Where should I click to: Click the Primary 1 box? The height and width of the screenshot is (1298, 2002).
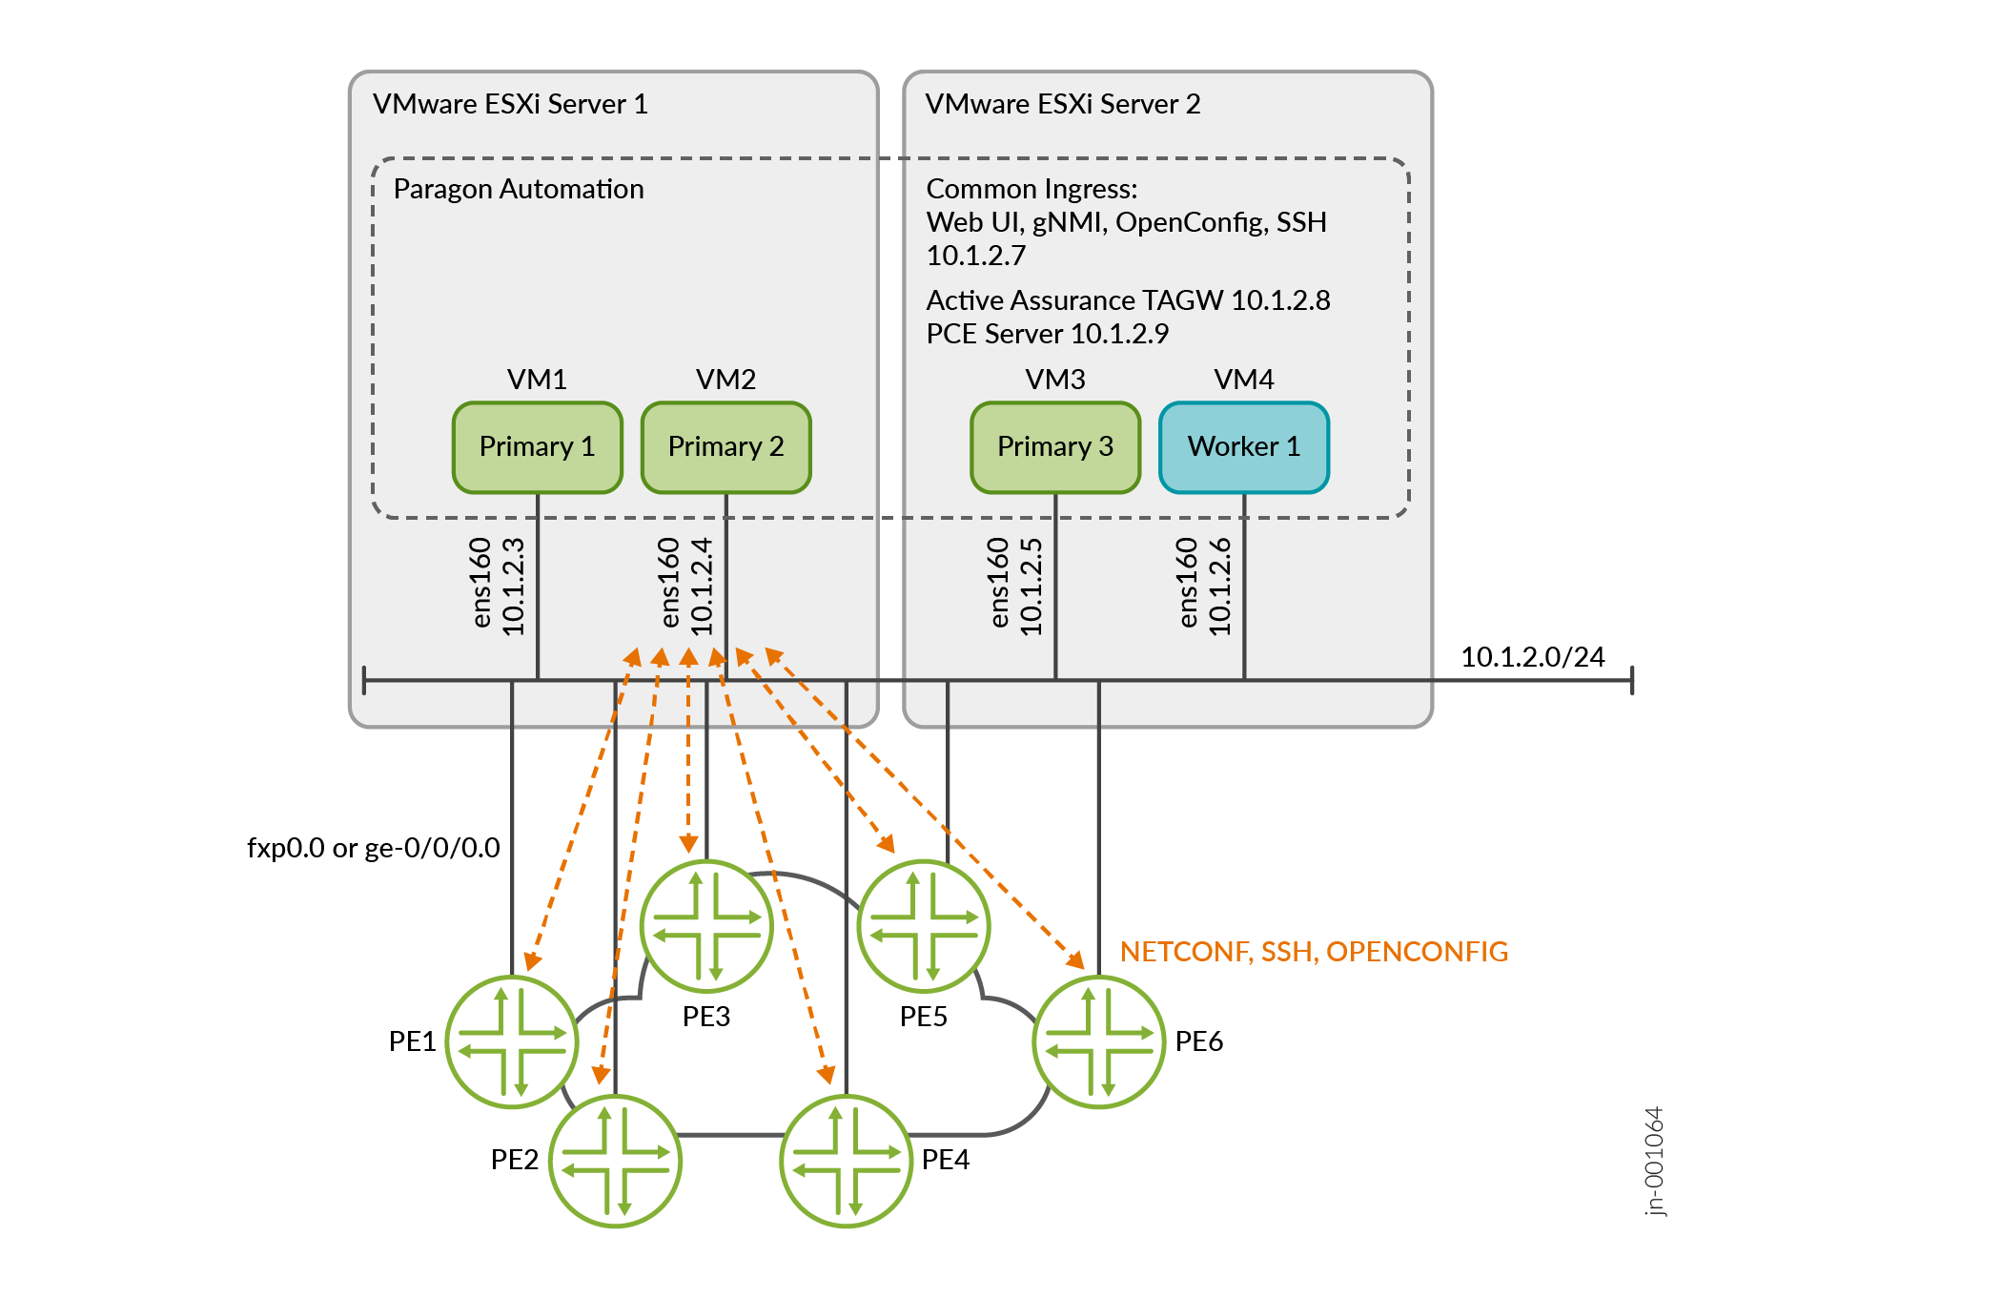tap(537, 447)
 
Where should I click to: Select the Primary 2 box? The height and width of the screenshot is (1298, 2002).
tap(725, 447)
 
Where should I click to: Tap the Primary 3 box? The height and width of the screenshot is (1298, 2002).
tap(1054, 447)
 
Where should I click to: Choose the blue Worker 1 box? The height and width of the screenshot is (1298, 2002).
tap(1243, 447)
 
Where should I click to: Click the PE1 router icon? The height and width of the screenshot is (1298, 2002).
tap(512, 1041)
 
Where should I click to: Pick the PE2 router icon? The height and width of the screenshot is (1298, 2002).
tap(615, 1161)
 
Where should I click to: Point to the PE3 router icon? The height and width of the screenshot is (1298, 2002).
tap(706, 925)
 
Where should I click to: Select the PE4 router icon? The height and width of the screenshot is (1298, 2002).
tap(846, 1161)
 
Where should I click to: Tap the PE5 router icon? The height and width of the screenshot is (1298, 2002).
tap(924, 925)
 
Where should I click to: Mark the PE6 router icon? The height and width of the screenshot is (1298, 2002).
tap(1098, 1041)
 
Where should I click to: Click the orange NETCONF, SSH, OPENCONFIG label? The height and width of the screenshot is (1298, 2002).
tap(1314, 952)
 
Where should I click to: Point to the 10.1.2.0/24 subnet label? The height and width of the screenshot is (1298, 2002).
tap(1532, 657)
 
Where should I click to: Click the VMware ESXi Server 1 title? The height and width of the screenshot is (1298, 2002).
tap(510, 104)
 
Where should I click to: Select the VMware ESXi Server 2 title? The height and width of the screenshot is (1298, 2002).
tap(1062, 104)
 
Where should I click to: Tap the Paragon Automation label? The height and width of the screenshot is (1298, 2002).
tap(519, 189)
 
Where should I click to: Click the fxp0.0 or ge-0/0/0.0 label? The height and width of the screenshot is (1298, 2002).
tap(373, 848)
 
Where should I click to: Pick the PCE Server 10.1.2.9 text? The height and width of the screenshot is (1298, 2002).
tap(1047, 334)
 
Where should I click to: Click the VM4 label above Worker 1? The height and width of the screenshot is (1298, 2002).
tap(1243, 380)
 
